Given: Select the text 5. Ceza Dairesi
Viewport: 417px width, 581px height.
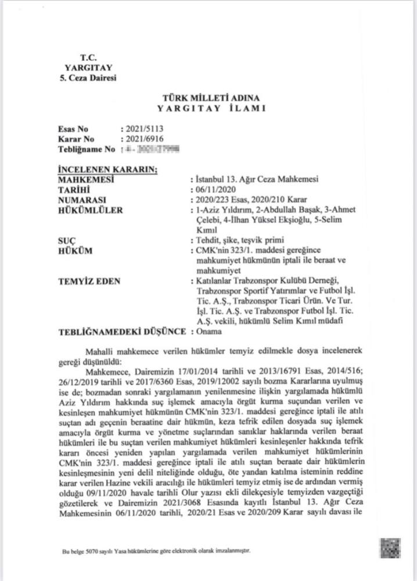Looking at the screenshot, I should pyautogui.click(x=88, y=78).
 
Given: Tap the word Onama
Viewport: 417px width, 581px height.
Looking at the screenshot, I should pyautogui.click(x=208, y=332).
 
